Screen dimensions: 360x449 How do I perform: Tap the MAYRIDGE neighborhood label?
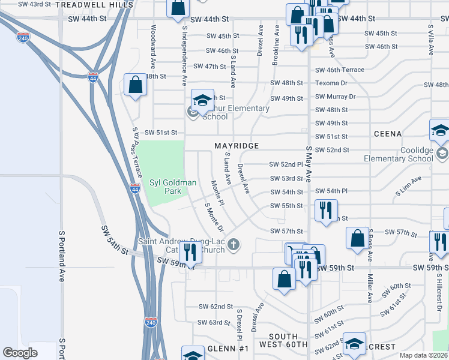coord(237,146)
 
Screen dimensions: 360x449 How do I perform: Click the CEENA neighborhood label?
coord(387,133)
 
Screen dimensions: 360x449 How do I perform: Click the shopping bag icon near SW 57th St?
coord(357,238)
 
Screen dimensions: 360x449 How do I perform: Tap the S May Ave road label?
coord(310,165)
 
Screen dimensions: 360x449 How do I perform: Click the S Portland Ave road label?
coord(62,255)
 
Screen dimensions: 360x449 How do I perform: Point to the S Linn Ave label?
coord(408,190)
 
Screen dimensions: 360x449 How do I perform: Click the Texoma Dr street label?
coord(331,83)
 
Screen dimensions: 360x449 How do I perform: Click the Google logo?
coord(20,353)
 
